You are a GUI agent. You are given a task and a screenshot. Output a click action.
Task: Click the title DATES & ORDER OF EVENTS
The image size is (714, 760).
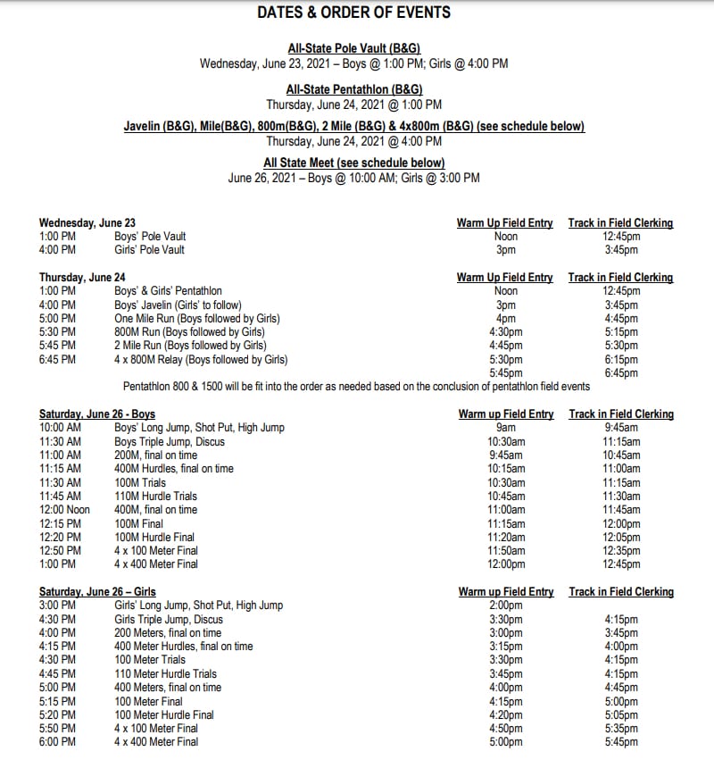pos(353,13)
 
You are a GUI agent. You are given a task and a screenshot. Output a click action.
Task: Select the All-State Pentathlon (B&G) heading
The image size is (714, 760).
pos(353,89)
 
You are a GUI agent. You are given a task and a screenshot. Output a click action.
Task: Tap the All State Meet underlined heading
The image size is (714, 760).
pos(353,163)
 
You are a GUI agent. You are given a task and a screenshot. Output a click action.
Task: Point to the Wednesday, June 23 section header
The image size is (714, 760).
pos(87,223)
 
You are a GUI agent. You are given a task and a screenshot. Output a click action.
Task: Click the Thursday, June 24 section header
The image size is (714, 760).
pos(82,278)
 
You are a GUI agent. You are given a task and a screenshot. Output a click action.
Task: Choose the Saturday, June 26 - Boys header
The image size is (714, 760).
pos(97,414)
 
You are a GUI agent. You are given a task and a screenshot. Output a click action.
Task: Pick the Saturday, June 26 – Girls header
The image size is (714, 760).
pos(97,592)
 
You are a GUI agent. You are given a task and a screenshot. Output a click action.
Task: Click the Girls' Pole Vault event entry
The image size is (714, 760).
pos(149,250)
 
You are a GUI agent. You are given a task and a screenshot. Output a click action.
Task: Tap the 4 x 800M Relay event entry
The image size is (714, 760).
pos(201,360)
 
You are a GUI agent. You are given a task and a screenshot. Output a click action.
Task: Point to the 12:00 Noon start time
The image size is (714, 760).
pos(64,510)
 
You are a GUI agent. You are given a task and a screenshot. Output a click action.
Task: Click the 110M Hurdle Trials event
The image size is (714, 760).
pos(155,497)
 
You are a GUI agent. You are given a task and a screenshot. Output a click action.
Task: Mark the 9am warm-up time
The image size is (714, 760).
pos(505,428)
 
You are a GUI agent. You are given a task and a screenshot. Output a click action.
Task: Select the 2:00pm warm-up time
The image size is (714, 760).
pos(505,605)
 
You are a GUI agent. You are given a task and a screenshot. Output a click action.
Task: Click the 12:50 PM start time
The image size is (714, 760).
pos(60,551)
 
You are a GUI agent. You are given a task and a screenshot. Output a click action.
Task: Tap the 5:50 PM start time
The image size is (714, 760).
pos(57,729)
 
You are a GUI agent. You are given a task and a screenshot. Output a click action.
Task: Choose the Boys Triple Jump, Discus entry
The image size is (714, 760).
pos(170,442)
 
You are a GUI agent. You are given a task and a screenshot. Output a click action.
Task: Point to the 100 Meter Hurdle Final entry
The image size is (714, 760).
pos(164,714)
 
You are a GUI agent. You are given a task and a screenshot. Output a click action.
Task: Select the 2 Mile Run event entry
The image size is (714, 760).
pos(190,346)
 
